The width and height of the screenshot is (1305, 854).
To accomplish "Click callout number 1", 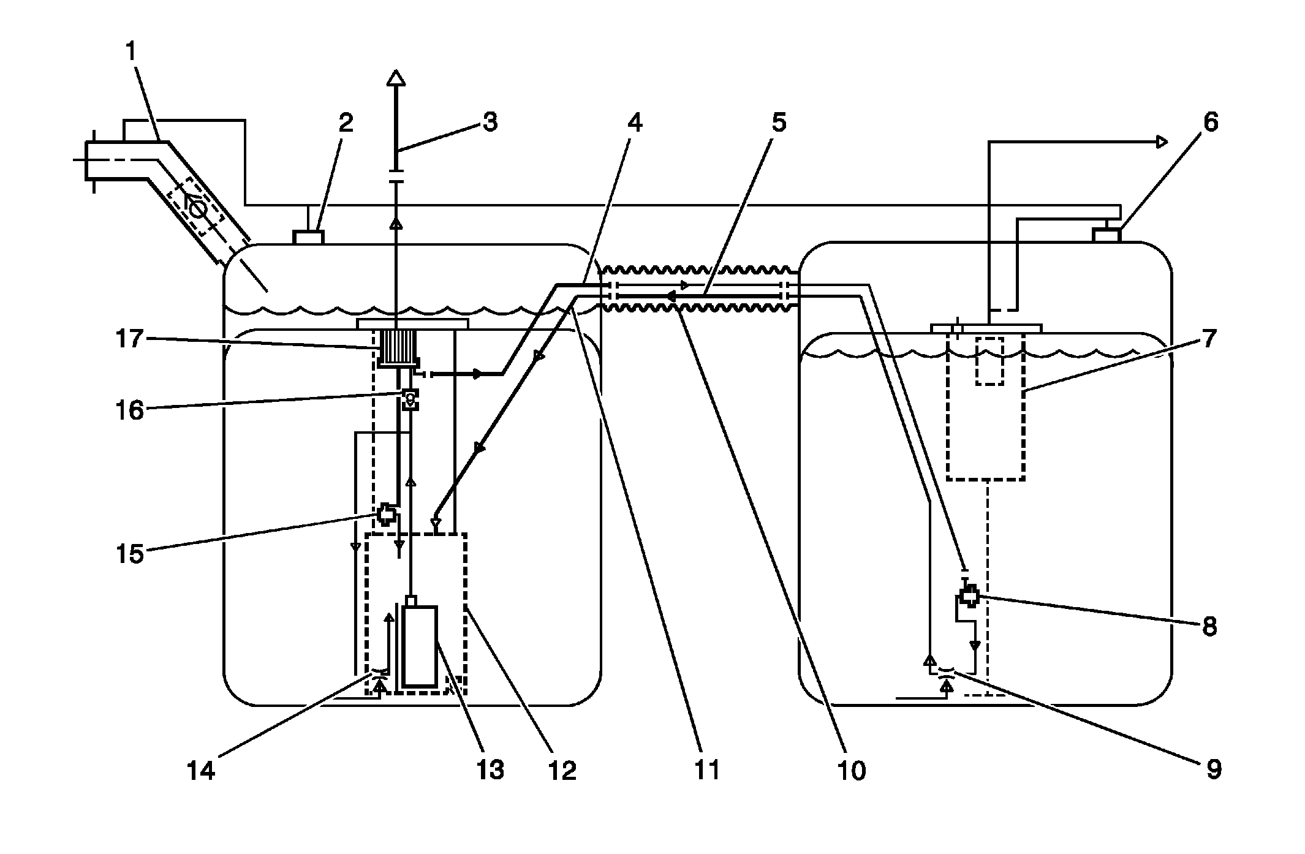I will pyautogui.click(x=130, y=52).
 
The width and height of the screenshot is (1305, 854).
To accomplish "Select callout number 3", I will pyautogui.click(x=490, y=122).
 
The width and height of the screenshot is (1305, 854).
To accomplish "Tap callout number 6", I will pyautogui.click(x=1211, y=123).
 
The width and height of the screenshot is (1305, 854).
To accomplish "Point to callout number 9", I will pyautogui.click(x=1213, y=769).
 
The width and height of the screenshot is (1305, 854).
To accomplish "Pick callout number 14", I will pyautogui.click(x=201, y=770).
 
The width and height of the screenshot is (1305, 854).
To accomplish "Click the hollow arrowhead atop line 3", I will pyautogui.click(x=396, y=78).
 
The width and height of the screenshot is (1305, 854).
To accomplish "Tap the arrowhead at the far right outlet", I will pyautogui.click(x=1160, y=142).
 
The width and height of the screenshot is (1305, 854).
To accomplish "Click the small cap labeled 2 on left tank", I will pyautogui.click(x=309, y=236).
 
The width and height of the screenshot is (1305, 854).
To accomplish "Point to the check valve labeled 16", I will pyautogui.click(x=410, y=400).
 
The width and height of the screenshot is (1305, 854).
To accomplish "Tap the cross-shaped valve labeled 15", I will pyautogui.click(x=386, y=514).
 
